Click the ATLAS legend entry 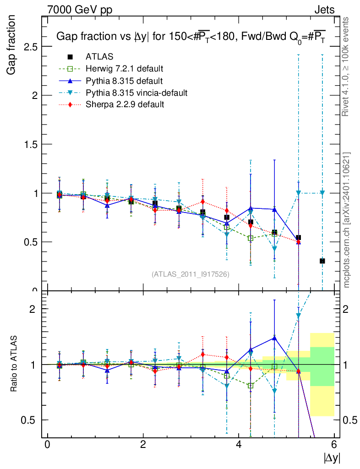point(99,57)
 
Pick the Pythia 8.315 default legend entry point(124,81)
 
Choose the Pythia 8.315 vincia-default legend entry point(136,93)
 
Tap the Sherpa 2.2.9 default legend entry point(125,104)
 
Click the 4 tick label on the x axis point(239,445)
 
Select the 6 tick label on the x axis point(334,445)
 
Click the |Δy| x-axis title point(332,458)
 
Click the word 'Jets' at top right point(324,10)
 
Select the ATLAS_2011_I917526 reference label point(191,274)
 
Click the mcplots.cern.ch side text point(347,220)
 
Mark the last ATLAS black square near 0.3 point(322,261)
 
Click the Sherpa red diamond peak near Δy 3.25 point(203,202)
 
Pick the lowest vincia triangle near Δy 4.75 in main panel point(274,249)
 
